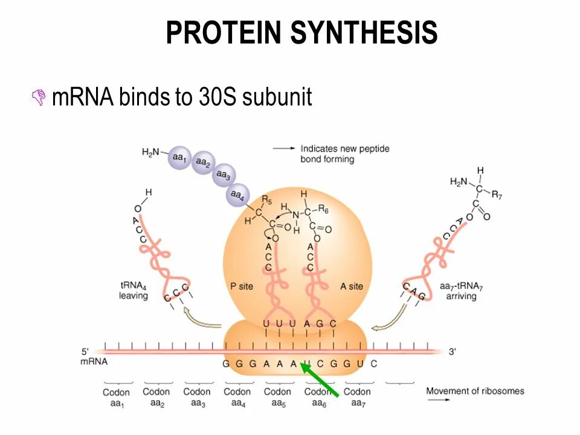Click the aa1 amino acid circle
(179, 157)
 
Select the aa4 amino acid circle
(237, 195)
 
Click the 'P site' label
(242, 286)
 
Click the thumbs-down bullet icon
(39, 97)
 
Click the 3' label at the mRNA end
(453, 352)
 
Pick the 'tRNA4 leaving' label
(134, 291)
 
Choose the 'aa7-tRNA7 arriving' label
(462, 291)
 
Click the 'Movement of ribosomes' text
(475, 391)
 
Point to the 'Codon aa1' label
(117, 398)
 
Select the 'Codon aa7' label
(357, 398)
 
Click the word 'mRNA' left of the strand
(93, 361)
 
